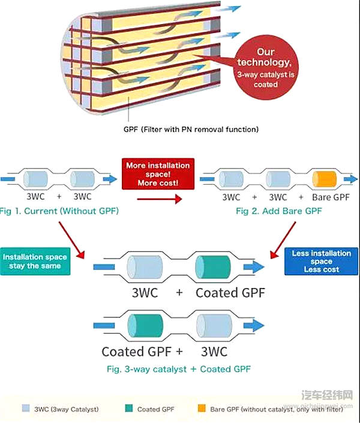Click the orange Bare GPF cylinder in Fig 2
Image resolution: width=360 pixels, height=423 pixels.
(x=323, y=179)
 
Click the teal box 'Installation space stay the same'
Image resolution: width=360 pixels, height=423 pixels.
(x=35, y=261)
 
